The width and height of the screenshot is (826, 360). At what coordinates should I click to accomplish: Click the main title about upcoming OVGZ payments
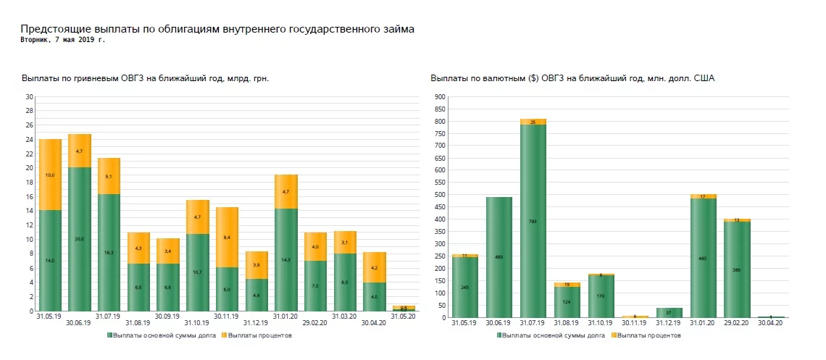coord(217,29)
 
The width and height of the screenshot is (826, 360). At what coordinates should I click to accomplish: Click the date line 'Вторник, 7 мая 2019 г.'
coord(63,40)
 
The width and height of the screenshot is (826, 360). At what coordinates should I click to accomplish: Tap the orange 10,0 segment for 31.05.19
coord(49,175)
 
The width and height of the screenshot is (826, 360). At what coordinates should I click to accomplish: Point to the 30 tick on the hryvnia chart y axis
coord(30,97)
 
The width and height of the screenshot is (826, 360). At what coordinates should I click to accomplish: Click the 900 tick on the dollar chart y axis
coord(439,97)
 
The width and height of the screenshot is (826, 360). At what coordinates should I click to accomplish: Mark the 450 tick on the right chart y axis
coord(439,207)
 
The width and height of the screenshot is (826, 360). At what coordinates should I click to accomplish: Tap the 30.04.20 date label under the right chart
coord(770,322)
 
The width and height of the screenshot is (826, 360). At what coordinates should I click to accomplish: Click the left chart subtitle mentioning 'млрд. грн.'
coord(151,78)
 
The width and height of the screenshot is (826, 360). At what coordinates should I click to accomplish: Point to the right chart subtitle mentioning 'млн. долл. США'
coord(572,78)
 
